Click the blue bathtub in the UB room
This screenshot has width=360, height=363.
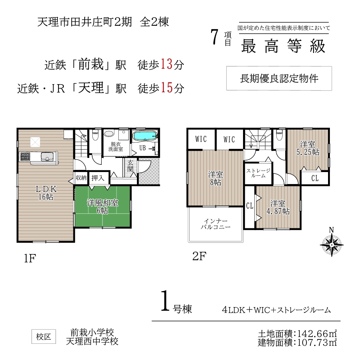(145, 136)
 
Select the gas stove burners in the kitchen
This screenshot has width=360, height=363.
(25, 156)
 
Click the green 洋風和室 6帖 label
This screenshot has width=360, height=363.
(102, 207)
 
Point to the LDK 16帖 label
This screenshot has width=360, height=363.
(46, 193)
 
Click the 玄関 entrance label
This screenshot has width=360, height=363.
(130, 166)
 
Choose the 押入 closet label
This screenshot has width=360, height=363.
(98, 178)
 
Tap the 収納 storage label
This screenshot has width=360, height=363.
(81, 178)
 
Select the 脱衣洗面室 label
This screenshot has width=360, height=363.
(116, 147)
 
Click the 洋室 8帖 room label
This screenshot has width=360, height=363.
(215, 179)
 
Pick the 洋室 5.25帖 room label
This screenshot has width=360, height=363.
(308, 148)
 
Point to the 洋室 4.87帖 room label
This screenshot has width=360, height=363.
(278, 207)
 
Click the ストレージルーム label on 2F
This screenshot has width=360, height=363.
(258, 173)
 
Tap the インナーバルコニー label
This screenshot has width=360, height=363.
(215, 224)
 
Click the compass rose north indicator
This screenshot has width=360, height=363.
(332, 243)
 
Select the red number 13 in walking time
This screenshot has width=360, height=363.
(166, 64)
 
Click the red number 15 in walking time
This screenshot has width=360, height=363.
(167, 88)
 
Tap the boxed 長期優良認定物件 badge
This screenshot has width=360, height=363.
(279, 78)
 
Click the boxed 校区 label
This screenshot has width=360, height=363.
(44, 337)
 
